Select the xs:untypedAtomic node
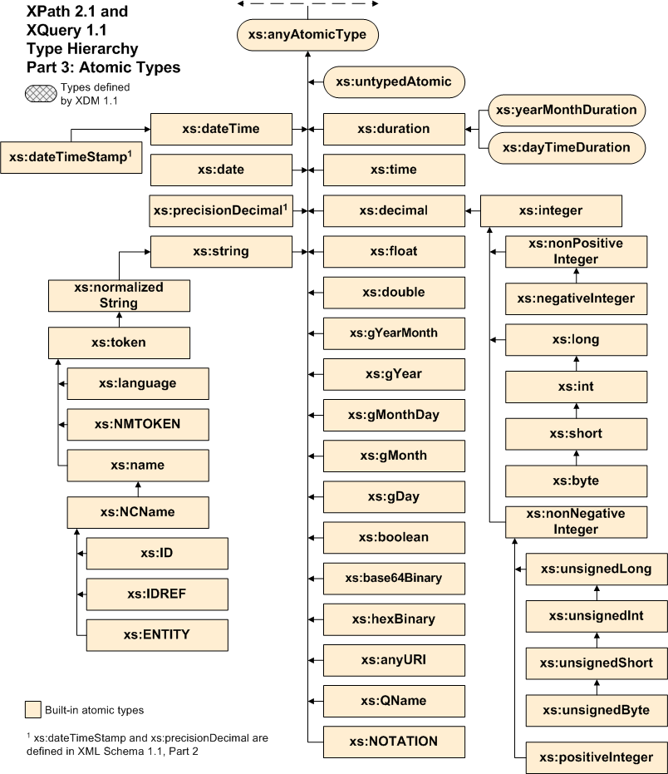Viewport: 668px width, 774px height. point(393,81)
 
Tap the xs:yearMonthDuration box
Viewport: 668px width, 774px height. point(567,110)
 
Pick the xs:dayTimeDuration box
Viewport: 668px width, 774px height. point(567,147)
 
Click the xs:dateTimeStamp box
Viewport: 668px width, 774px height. point(71,156)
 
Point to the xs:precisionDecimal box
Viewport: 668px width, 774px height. point(221,210)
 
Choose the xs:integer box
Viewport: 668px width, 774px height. point(551,210)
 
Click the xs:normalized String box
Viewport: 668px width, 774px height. point(119,295)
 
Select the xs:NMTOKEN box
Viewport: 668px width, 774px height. point(137,424)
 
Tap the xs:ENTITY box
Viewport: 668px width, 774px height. point(157,634)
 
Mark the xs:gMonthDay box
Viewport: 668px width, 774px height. point(394,414)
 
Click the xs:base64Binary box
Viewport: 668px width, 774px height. point(394,577)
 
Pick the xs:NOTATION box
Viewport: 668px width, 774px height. point(394,741)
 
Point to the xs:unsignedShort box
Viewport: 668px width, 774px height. point(596,663)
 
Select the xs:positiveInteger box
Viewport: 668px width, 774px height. point(596,757)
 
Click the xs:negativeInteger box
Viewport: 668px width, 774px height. point(577,298)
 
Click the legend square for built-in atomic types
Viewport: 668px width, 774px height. point(32,709)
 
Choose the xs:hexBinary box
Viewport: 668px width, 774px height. point(394,619)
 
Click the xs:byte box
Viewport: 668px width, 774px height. point(577,481)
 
